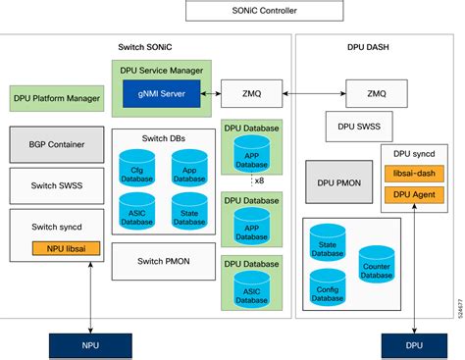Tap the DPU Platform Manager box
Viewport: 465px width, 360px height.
coord(56,98)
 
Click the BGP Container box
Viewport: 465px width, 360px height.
coord(56,144)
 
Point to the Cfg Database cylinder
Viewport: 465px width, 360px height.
coord(136,165)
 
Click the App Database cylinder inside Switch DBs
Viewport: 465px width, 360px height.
coord(188,165)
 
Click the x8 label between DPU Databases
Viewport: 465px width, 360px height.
coord(258,180)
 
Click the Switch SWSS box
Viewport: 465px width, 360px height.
coord(56,185)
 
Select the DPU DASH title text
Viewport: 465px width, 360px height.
coord(379,47)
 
